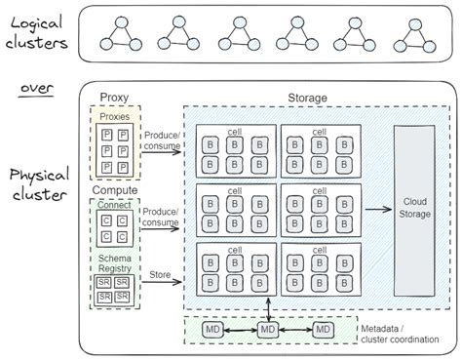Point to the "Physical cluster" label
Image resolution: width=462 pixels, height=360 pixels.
[x=37, y=184]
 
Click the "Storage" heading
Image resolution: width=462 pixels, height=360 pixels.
[x=307, y=97]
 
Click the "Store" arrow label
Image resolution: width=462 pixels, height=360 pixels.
[x=160, y=276]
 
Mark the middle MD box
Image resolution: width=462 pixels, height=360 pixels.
[x=267, y=331]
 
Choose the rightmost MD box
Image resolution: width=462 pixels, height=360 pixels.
[x=322, y=331]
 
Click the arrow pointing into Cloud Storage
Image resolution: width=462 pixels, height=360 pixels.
[x=375, y=208]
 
